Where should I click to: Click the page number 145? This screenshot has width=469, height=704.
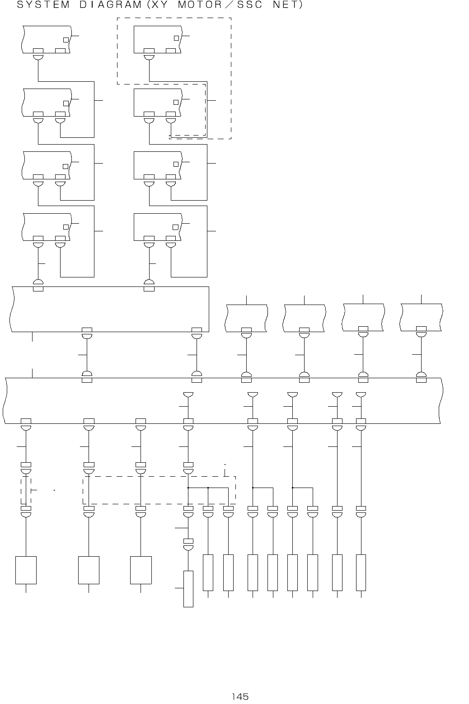pos(240,696)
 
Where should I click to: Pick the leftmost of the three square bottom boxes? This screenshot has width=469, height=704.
pos(26,570)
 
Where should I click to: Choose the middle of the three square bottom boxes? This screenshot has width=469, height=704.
pos(89,570)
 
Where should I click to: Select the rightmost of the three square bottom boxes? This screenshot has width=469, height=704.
pos(141,570)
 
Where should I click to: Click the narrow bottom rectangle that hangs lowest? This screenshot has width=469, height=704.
pos(188,589)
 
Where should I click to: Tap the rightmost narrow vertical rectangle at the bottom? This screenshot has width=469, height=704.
pos(361,572)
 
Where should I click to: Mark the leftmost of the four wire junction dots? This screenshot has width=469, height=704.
pos(188,488)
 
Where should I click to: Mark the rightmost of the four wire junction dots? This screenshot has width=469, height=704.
pos(293,488)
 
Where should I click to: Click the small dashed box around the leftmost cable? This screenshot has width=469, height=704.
pos(26,491)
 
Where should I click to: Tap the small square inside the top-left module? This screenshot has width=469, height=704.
pos(66,40)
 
